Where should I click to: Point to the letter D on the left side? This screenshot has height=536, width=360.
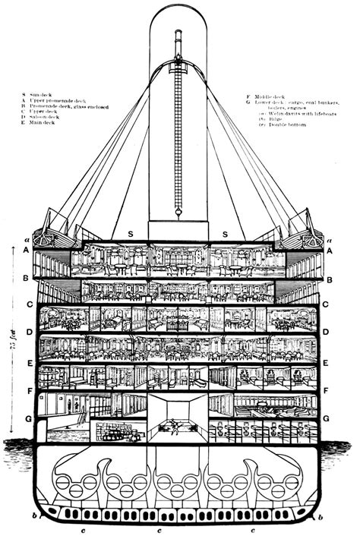[27, 333]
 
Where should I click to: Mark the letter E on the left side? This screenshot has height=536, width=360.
[27, 364]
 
